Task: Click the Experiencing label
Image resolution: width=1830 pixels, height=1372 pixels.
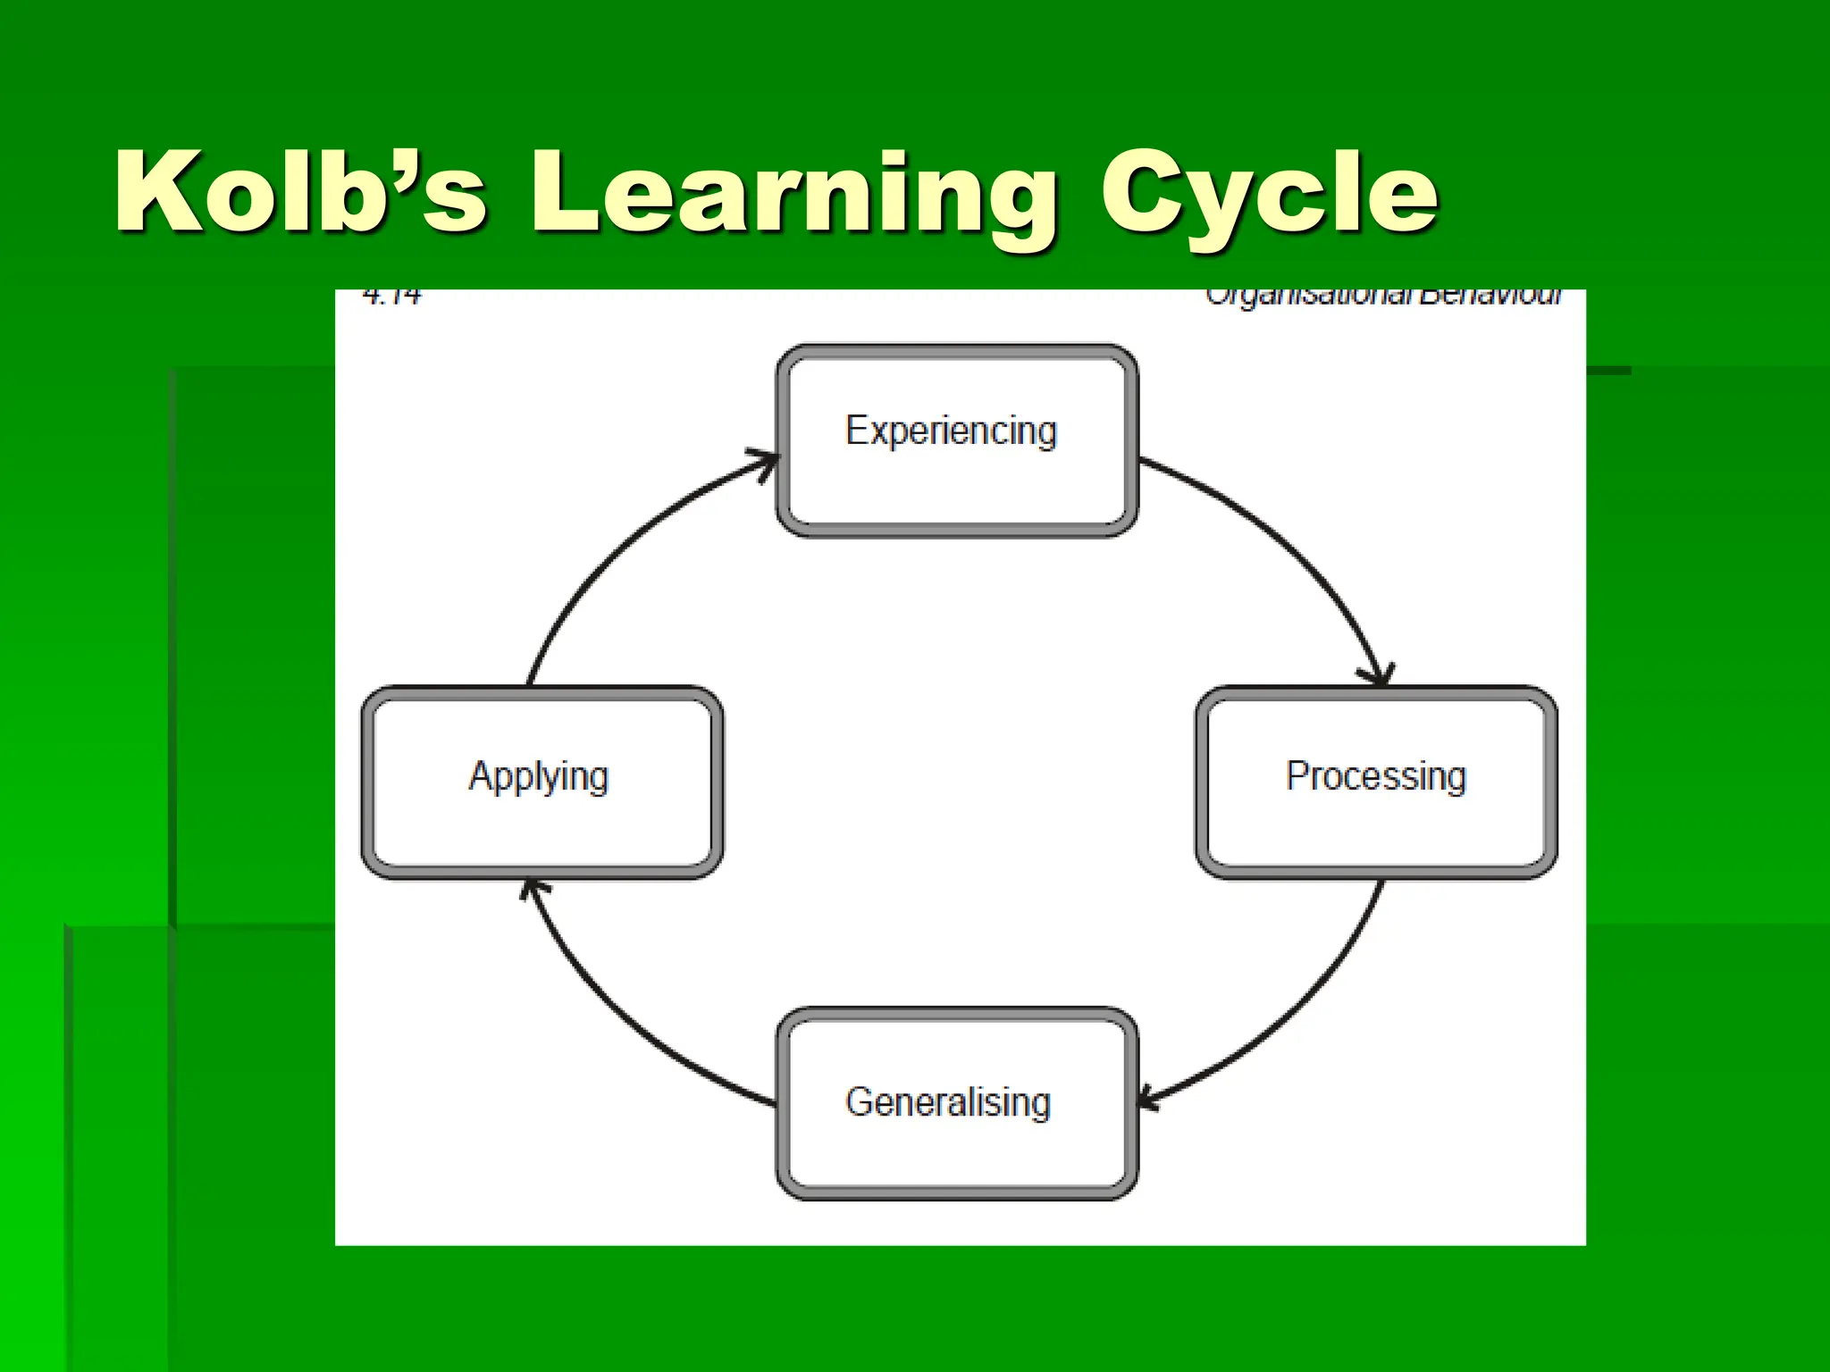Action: click(x=952, y=431)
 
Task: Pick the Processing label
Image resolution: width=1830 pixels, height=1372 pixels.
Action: click(x=1376, y=775)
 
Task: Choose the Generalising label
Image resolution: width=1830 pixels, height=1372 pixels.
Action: click(x=948, y=1101)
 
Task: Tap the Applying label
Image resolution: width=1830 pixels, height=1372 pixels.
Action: click(x=539, y=775)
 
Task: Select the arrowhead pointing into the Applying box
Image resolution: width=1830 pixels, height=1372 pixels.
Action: click(x=533, y=888)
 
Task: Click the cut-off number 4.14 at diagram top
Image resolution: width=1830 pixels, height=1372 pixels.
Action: click(x=392, y=296)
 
